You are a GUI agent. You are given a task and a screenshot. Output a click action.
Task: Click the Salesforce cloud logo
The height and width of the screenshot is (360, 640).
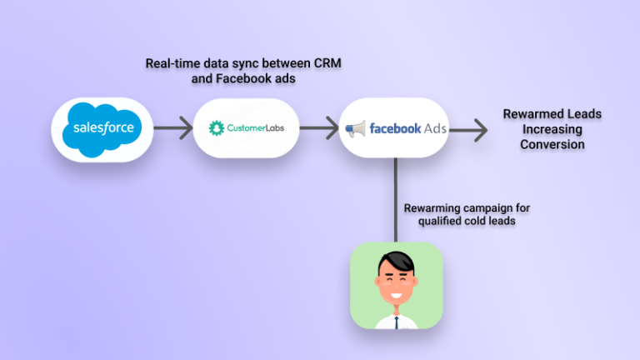point(102,129)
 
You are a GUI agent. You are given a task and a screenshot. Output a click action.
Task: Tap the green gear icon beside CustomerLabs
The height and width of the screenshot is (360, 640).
point(217,128)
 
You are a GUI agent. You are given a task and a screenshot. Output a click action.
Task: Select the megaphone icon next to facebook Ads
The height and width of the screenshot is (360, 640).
point(355,129)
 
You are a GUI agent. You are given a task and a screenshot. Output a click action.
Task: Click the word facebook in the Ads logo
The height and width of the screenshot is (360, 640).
point(395,128)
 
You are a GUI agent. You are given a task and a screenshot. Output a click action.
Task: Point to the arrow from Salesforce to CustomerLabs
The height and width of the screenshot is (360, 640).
point(173,128)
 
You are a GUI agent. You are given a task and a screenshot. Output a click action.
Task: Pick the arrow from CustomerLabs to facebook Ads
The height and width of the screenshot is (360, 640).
point(319,128)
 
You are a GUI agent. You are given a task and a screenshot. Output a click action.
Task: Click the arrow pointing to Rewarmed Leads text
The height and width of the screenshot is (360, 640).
point(468,130)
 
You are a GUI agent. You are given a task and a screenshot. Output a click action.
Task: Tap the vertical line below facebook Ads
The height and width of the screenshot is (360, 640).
point(396,200)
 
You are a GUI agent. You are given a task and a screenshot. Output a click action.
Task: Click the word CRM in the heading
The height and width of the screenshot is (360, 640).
point(327,63)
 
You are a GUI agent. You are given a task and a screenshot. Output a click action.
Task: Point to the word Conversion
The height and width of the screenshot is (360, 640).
point(552,144)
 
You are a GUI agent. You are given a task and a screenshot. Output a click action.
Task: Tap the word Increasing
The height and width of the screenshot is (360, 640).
point(552,129)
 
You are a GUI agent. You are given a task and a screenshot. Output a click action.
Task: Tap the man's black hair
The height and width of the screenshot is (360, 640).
point(396,262)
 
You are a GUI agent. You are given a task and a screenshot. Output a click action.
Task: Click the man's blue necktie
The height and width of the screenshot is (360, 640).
point(397,322)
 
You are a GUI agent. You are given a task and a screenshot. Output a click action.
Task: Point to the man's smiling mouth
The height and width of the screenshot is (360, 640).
point(396,295)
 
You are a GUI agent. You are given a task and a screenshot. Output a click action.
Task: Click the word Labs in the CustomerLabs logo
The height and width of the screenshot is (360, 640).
point(275,128)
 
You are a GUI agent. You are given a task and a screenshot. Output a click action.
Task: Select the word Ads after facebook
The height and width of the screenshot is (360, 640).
point(435,128)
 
